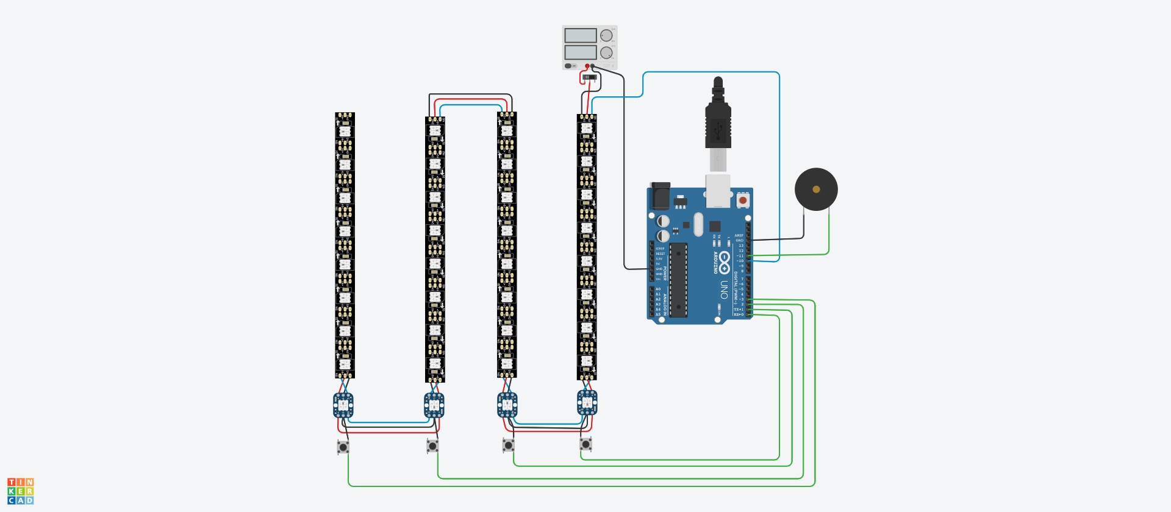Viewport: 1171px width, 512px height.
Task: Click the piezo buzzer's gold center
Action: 816,190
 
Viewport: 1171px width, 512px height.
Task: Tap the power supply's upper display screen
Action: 580,35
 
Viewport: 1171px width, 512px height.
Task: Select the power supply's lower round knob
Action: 606,52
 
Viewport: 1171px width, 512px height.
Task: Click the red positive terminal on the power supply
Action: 587,66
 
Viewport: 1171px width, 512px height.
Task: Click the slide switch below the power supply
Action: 589,77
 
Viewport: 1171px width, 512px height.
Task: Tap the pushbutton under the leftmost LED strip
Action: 343,447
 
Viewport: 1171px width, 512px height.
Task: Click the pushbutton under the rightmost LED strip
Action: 585,444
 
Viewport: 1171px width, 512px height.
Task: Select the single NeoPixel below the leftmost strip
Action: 343,405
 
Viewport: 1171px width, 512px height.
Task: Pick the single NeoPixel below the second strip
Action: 434,405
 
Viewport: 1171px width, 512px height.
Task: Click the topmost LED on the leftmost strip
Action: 345,131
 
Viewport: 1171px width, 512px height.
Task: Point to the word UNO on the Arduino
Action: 723,290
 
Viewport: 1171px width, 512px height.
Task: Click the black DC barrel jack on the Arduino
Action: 660,196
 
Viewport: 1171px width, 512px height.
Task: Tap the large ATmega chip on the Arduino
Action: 678,280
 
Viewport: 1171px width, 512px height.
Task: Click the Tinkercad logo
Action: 21,491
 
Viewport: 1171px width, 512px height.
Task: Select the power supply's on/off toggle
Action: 570,66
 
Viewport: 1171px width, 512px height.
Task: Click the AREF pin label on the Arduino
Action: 739,235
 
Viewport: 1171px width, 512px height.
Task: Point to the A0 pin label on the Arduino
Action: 658,289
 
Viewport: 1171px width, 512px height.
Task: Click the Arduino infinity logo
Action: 724,262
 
